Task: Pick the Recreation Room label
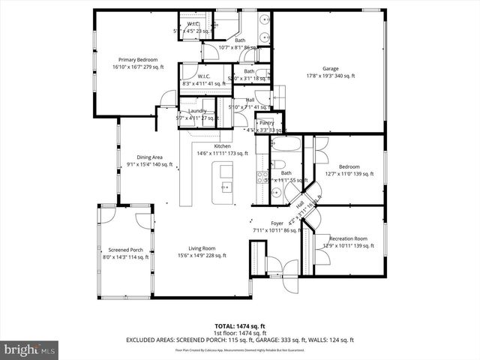[x=349, y=238]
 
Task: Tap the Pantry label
[x=266, y=123]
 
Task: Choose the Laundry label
[x=197, y=111]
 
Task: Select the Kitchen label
[x=222, y=146]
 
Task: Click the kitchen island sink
[x=226, y=187]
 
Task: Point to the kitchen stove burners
[x=262, y=177]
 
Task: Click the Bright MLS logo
[x=30, y=349]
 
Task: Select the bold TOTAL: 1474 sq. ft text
[x=239, y=326]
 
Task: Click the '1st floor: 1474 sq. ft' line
[x=239, y=333]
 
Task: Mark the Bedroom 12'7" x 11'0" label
[x=349, y=166]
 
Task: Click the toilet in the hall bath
[x=278, y=165]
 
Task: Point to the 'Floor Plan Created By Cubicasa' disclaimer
[x=239, y=349]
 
